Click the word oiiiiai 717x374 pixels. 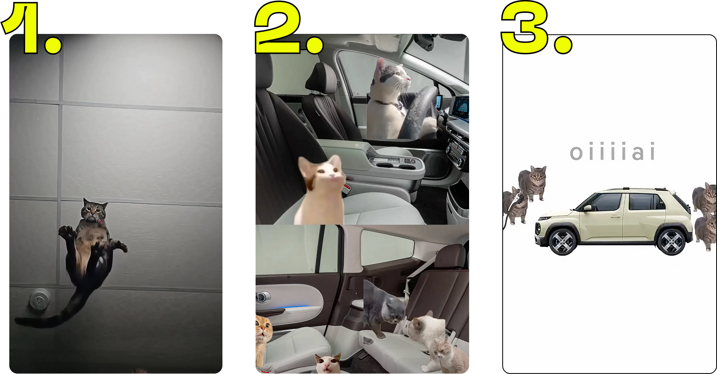click(x=612, y=152)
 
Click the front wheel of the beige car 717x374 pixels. click(x=563, y=242)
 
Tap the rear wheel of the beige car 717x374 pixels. click(x=671, y=242)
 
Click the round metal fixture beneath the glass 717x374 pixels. click(x=39, y=300)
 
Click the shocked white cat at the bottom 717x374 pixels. click(x=328, y=363)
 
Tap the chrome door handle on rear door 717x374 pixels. click(x=261, y=297)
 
